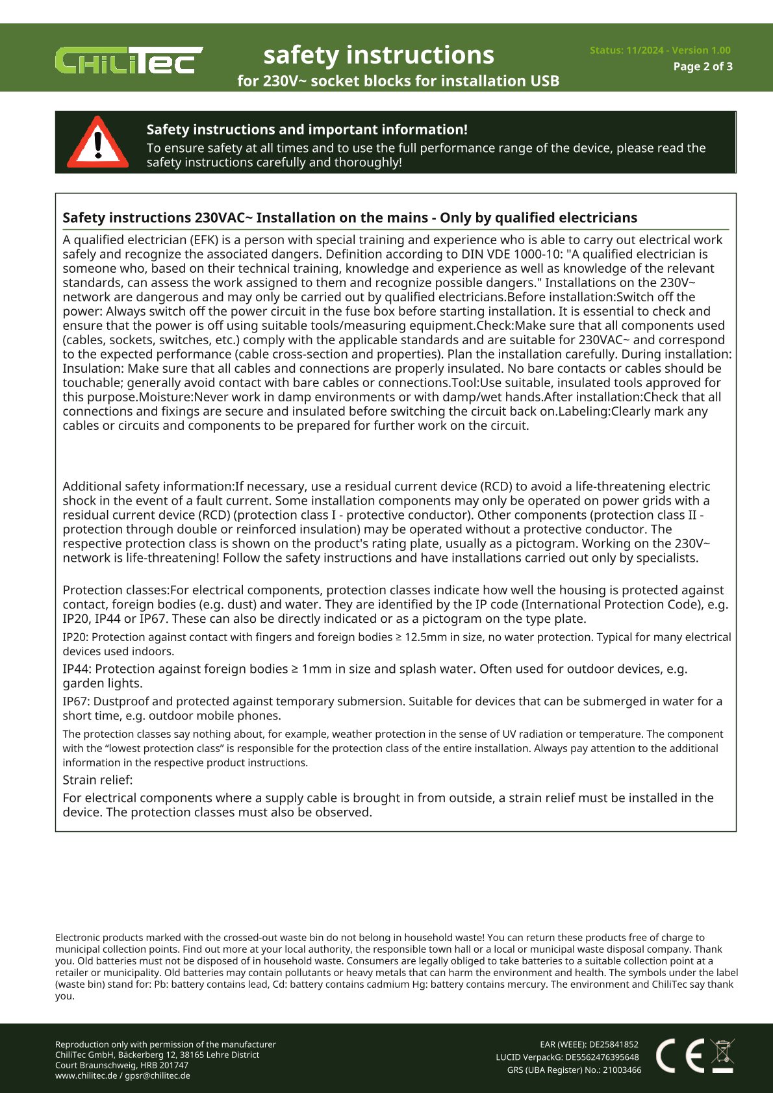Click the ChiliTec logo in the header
pyautogui.click(x=129, y=60)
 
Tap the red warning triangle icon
pyautogui.click(x=98, y=142)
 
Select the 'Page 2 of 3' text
pyautogui.click(x=703, y=66)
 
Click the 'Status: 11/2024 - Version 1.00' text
pyautogui.click(x=660, y=50)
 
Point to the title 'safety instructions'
pyautogui.click(x=379, y=55)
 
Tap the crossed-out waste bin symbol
pyautogui.click(x=722, y=1055)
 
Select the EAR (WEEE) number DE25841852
pyautogui.click(x=613, y=1044)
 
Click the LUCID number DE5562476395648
pyautogui.click(x=602, y=1057)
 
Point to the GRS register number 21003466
pyautogui.click(x=622, y=1070)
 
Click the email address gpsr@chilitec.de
pyautogui.click(x=157, y=1075)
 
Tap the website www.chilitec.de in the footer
pyautogui.click(x=86, y=1075)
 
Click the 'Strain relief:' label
pyautogui.click(x=97, y=780)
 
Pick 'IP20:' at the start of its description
pyautogui.click(x=75, y=637)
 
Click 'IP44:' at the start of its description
pyautogui.click(x=77, y=669)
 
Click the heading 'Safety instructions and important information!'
pyautogui.click(x=307, y=129)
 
